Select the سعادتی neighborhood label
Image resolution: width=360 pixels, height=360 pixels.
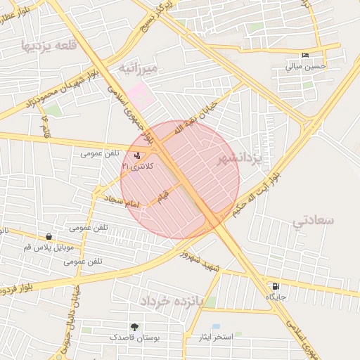[x=314, y=221]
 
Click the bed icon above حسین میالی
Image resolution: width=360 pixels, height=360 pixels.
[x=305, y=56]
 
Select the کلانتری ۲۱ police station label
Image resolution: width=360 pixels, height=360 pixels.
[x=136, y=166]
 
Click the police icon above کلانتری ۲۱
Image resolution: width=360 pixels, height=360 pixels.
[x=136, y=155]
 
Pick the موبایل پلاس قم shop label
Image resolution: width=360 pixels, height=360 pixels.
[x=47, y=247]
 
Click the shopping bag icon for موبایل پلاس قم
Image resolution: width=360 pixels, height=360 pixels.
[x=48, y=237]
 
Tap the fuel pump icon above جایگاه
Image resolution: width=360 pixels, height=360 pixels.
[x=274, y=286]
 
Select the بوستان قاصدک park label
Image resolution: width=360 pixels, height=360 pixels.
[x=134, y=338]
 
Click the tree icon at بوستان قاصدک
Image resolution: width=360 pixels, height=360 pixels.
[x=134, y=328]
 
